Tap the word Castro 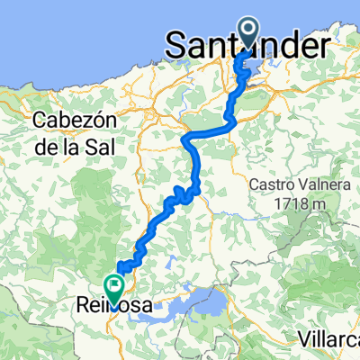tap(273, 184)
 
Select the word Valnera tap(321, 184)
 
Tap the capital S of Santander tap(178, 43)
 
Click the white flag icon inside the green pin tap(114, 285)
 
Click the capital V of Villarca tap(303, 339)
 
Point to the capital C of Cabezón tap(39, 120)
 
